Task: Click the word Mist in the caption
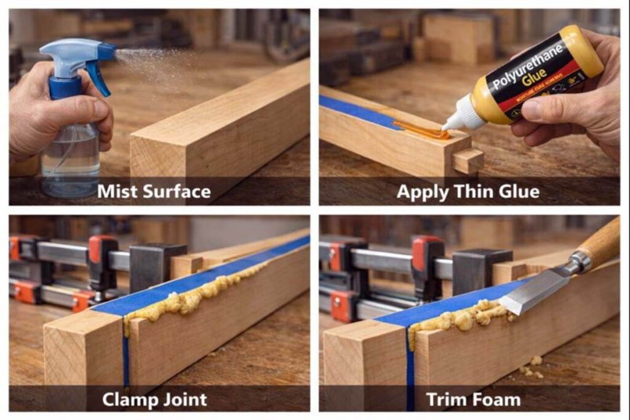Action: click(119, 191)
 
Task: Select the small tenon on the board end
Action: click(468, 160)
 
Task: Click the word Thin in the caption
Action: click(474, 191)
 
